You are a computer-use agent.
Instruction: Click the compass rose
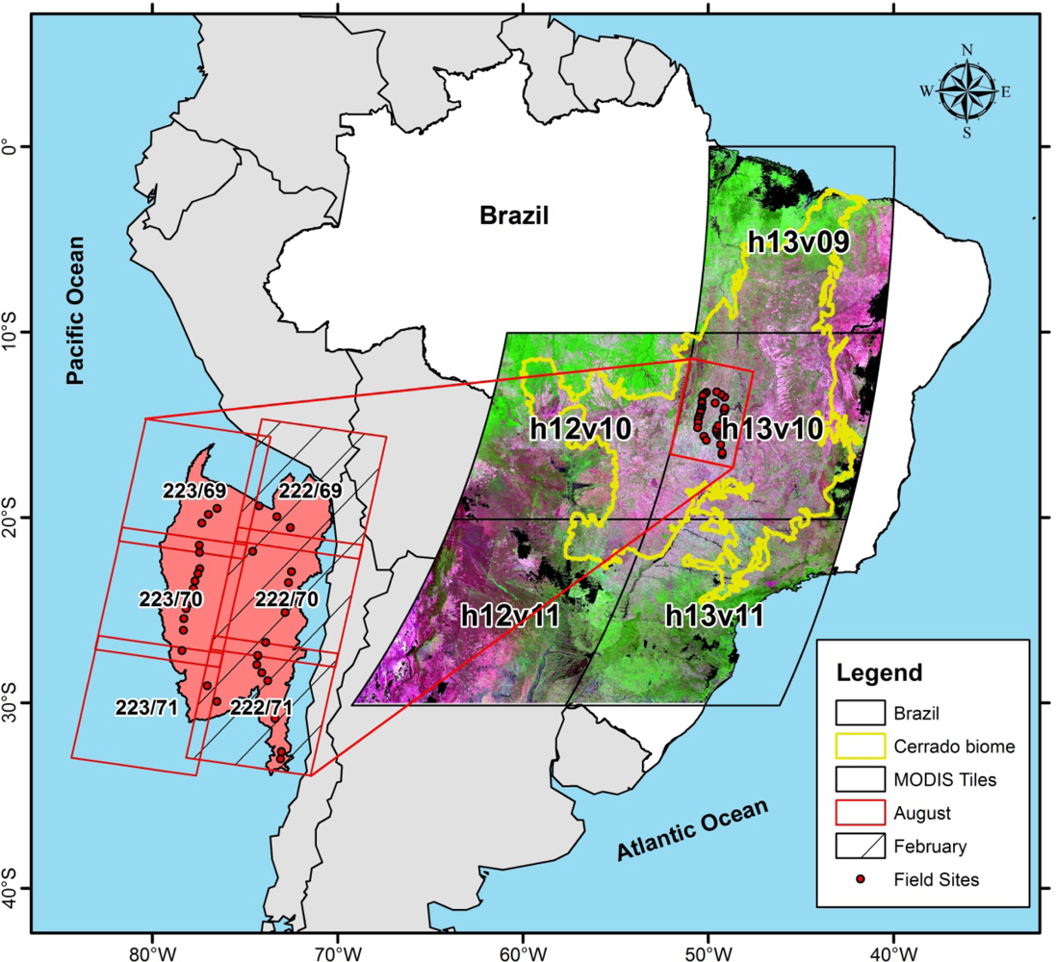[966, 91]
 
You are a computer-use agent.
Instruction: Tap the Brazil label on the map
[514, 215]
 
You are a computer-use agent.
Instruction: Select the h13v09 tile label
[799, 241]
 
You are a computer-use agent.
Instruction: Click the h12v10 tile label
[580, 429]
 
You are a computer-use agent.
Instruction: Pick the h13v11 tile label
[714, 616]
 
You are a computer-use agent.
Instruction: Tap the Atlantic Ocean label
[692, 830]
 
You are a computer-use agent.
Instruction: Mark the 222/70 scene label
[286, 599]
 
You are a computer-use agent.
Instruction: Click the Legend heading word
[879, 671]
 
